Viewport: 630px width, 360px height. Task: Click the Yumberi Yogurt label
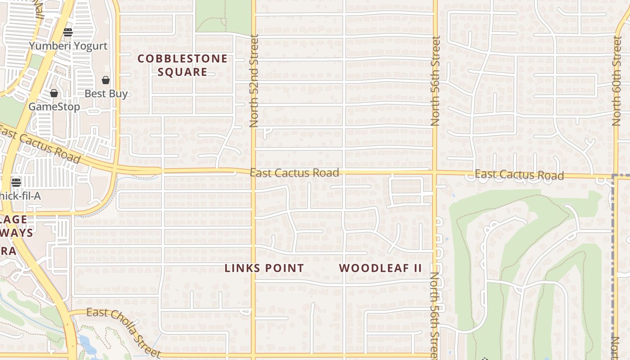click(x=68, y=46)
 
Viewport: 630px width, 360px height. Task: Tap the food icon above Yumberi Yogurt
click(x=68, y=32)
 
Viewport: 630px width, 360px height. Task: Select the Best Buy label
click(x=106, y=94)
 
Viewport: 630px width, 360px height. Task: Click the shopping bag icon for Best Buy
click(x=106, y=80)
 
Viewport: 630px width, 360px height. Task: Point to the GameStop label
click(x=54, y=107)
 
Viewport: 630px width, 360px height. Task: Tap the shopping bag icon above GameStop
click(x=54, y=93)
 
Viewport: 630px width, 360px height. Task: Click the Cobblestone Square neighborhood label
click(x=183, y=65)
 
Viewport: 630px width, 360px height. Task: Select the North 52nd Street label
click(x=254, y=81)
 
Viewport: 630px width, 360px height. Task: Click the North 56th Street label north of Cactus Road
click(x=435, y=81)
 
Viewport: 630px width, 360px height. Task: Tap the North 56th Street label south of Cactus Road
click(x=435, y=315)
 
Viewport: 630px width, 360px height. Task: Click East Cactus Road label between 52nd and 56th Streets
click(x=294, y=173)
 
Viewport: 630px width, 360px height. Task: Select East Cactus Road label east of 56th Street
click(x=519, y=175)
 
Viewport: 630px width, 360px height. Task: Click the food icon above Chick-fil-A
click(x=16, y=182)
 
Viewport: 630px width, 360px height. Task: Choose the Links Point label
click(x=264, y=268)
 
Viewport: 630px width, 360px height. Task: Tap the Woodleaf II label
click(x=380, y=268)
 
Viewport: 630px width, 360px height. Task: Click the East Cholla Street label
click(x=123, y=332)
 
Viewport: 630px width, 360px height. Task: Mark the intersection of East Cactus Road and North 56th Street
click(x=435, y=172)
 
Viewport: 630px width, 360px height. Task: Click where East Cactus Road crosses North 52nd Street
click(x=253, y=171)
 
